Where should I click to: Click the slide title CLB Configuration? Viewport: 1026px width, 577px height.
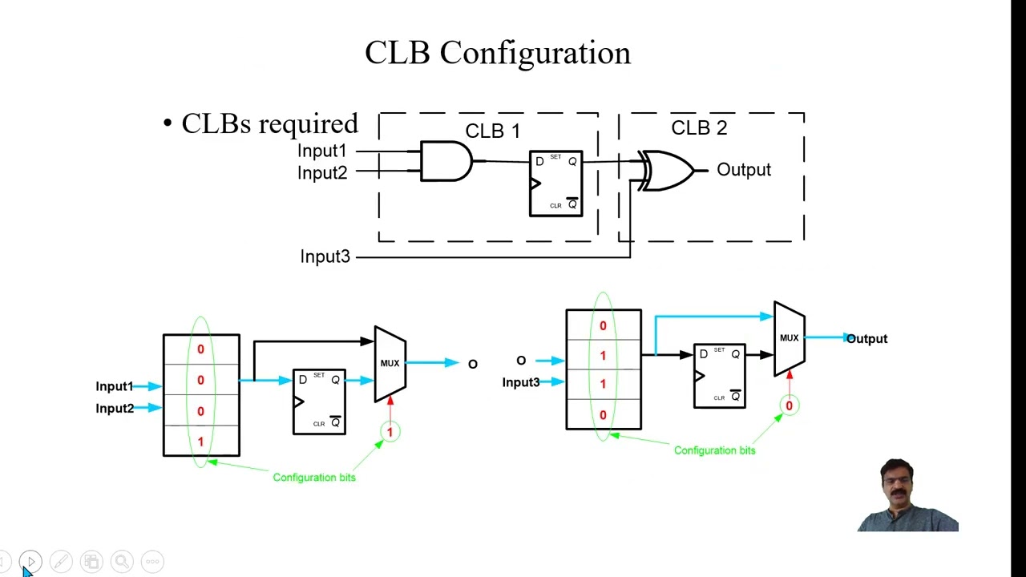497,53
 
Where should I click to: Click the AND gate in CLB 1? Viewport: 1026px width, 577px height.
446,161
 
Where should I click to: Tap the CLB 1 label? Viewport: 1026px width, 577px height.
492,131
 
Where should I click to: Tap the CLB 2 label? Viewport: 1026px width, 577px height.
698,128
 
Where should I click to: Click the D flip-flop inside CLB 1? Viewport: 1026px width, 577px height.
555,184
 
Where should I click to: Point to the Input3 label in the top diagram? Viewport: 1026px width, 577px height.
325,256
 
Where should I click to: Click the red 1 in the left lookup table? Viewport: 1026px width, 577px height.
200,442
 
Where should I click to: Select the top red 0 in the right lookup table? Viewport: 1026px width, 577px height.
603,325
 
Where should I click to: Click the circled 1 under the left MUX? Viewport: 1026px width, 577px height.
390,432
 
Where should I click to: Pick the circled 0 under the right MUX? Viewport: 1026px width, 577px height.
789,406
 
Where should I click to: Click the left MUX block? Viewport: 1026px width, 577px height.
390,363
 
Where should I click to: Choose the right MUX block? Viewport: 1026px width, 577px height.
789,338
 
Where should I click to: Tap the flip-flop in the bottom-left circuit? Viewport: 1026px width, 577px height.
319,401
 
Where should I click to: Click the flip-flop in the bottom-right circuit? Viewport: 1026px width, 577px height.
719,376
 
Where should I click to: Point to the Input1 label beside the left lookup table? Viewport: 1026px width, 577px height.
114,386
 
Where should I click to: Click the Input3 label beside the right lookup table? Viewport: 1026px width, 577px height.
520,382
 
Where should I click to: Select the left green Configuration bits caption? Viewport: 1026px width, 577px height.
313,478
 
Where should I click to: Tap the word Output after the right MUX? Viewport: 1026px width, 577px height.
866,339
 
